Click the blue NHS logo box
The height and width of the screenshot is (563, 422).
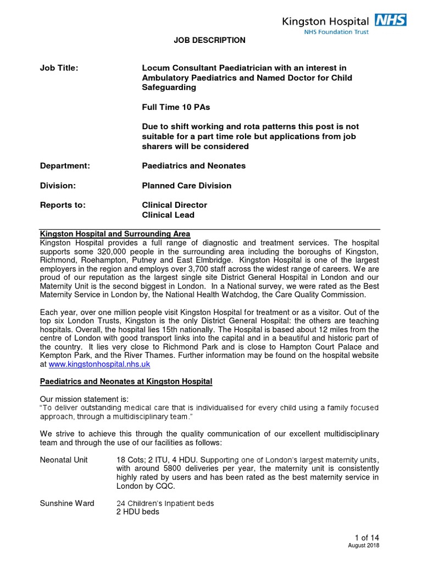(x=390, y=20)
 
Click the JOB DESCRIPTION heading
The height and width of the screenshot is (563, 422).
(x=210, y=41)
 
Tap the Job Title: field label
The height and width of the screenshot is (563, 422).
(x=59, y=68)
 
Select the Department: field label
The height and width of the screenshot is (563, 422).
(x=65, y=165)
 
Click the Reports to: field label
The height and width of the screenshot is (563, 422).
(x=63, y=205)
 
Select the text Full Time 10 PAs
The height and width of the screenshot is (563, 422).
(x=176, y=107)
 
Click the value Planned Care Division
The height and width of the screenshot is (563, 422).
(x=187, y=185)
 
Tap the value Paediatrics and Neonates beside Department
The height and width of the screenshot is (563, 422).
(x=194, y=165)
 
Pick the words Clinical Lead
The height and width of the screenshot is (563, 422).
(x=168, y=215)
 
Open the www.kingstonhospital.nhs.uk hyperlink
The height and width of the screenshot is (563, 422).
(x=99, y=365)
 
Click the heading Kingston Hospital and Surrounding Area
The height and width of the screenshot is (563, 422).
(x=115, y=234)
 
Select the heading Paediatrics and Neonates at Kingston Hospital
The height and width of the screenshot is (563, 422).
(x=126, y=382)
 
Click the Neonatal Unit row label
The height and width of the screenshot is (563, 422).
(x=64, y=459)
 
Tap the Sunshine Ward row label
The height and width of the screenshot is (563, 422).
(x=67, y=503)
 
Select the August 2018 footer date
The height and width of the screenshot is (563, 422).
(x=364, y=545)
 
